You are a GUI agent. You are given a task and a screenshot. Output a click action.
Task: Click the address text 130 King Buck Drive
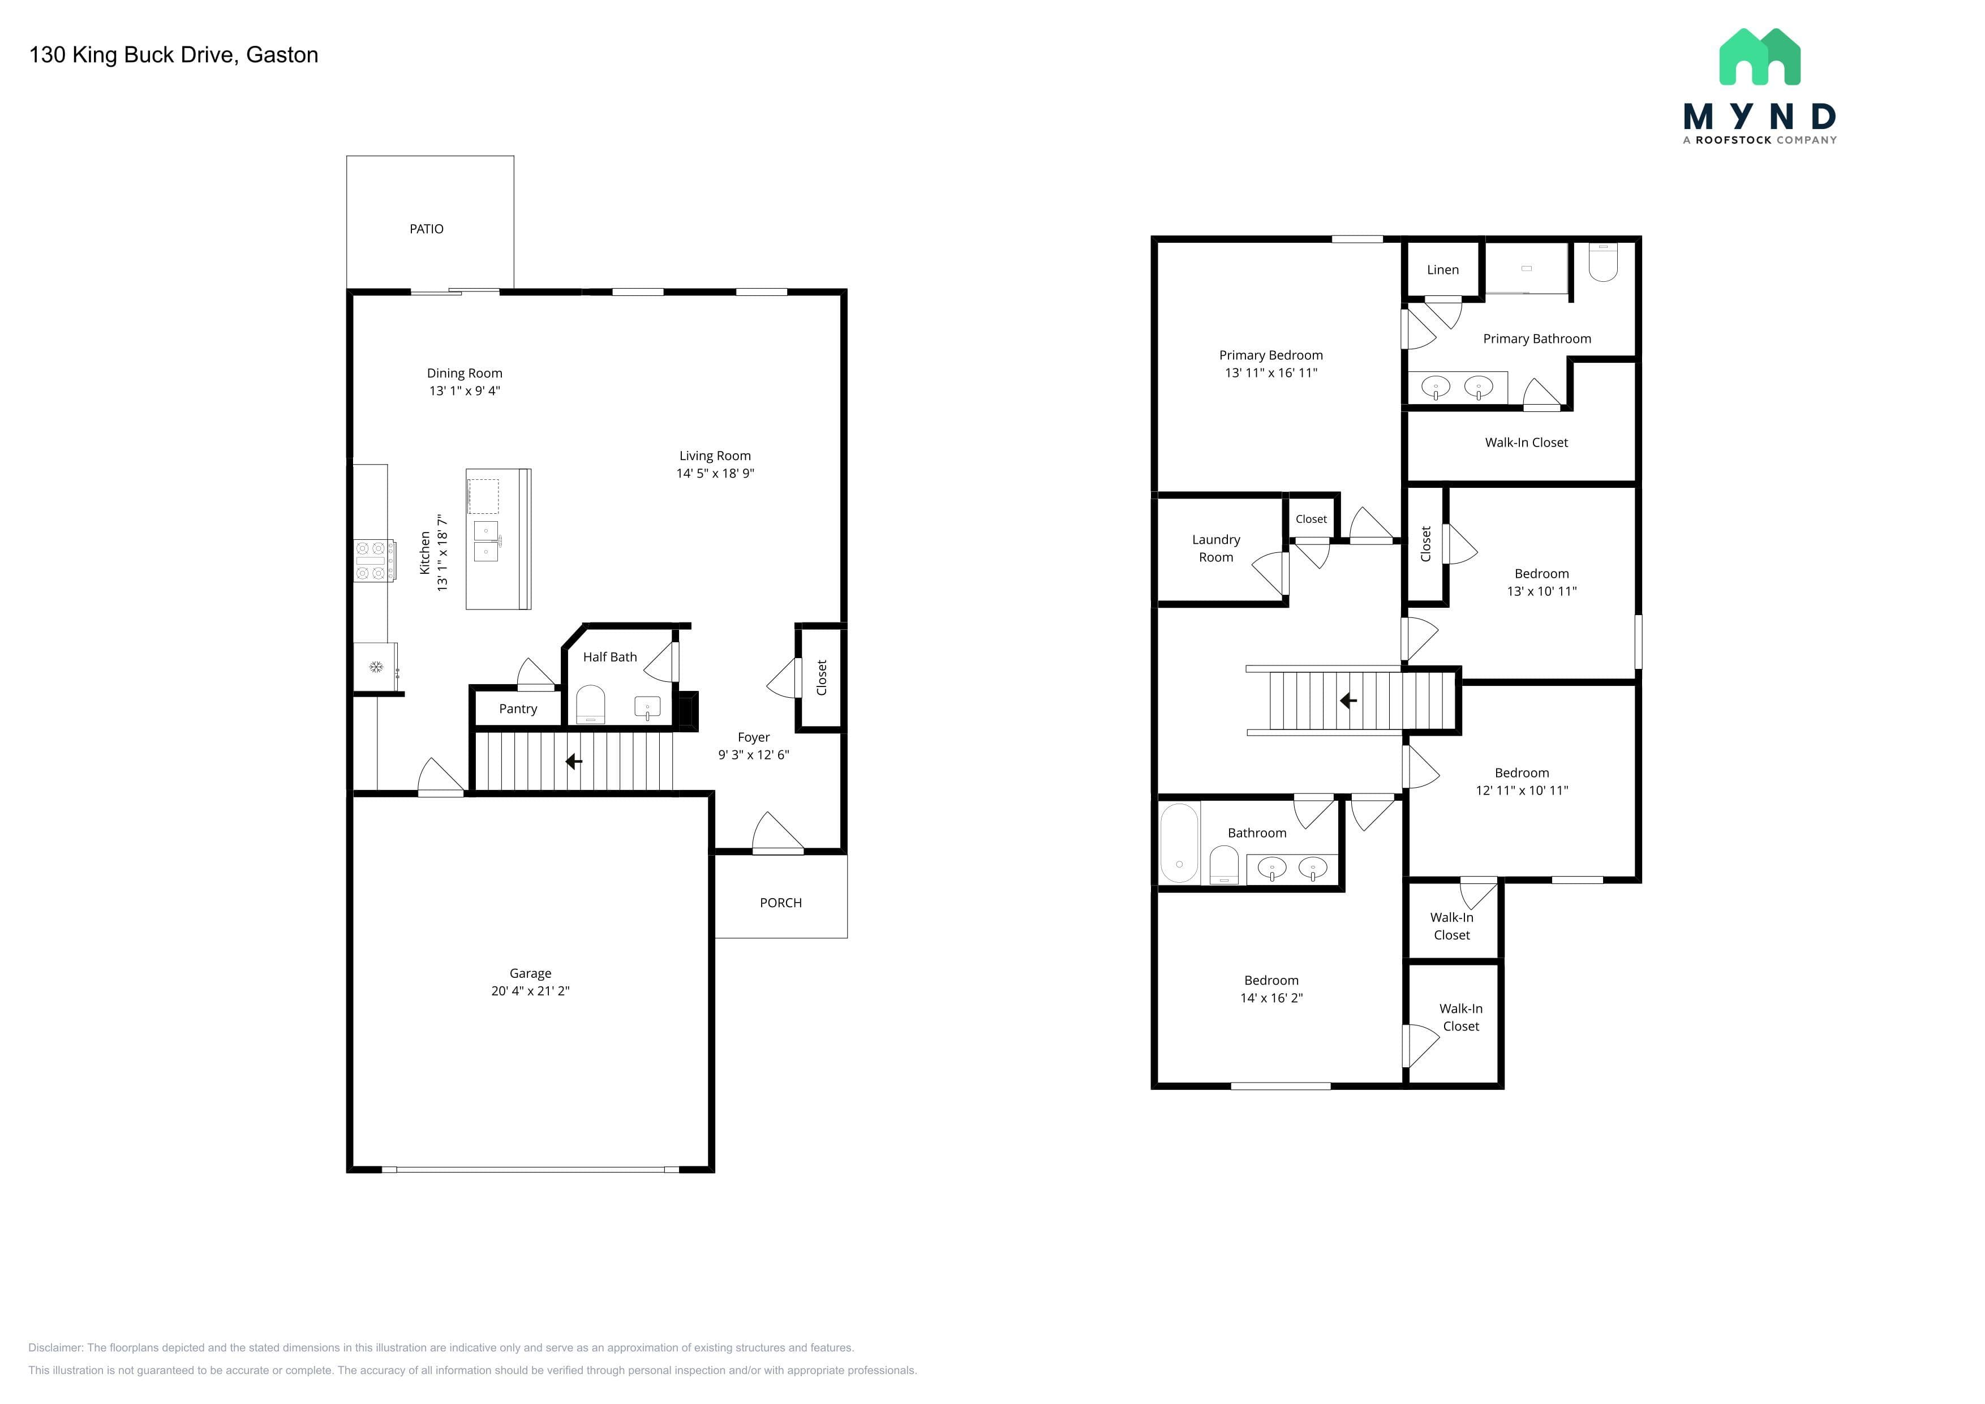131,54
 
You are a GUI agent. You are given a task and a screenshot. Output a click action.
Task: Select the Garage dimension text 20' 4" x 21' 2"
530,991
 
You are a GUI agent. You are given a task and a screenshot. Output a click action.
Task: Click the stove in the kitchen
375,560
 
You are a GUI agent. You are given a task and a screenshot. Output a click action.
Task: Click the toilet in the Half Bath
591,704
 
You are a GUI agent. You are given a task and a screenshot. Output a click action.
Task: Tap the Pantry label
518,709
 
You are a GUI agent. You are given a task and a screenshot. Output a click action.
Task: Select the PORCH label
781,903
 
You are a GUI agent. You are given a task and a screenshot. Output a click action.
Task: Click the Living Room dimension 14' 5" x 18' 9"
715,473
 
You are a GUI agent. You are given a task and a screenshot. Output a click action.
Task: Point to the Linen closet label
1443,270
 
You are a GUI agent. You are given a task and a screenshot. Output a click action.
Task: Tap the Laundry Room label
1215,548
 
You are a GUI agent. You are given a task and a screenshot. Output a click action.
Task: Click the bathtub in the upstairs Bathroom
1179,843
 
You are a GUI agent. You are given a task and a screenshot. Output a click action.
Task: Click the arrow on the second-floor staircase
1348,700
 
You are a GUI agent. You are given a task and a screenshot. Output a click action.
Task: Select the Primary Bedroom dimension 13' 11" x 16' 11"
1271,372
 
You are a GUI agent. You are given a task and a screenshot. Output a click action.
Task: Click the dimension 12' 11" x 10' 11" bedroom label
1522,790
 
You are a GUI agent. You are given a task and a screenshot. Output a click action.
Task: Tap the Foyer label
753,737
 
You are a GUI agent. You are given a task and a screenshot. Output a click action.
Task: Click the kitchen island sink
486,540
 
